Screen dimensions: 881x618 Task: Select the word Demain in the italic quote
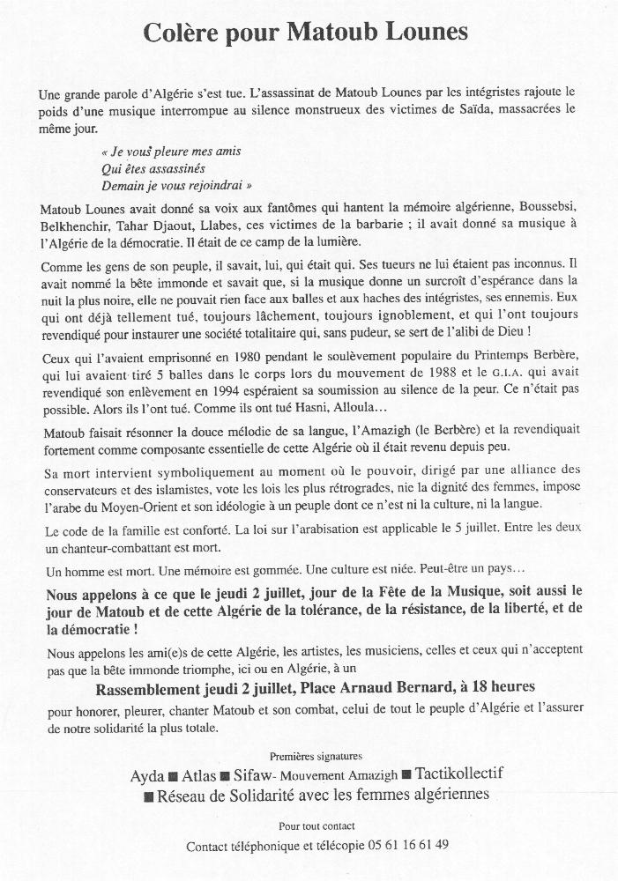(x=123, y=186)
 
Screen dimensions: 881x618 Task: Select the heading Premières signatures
(x=316, y=756)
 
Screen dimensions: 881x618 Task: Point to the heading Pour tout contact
(x=316, y=825)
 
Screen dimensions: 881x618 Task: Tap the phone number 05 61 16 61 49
(x=406, y=846)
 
